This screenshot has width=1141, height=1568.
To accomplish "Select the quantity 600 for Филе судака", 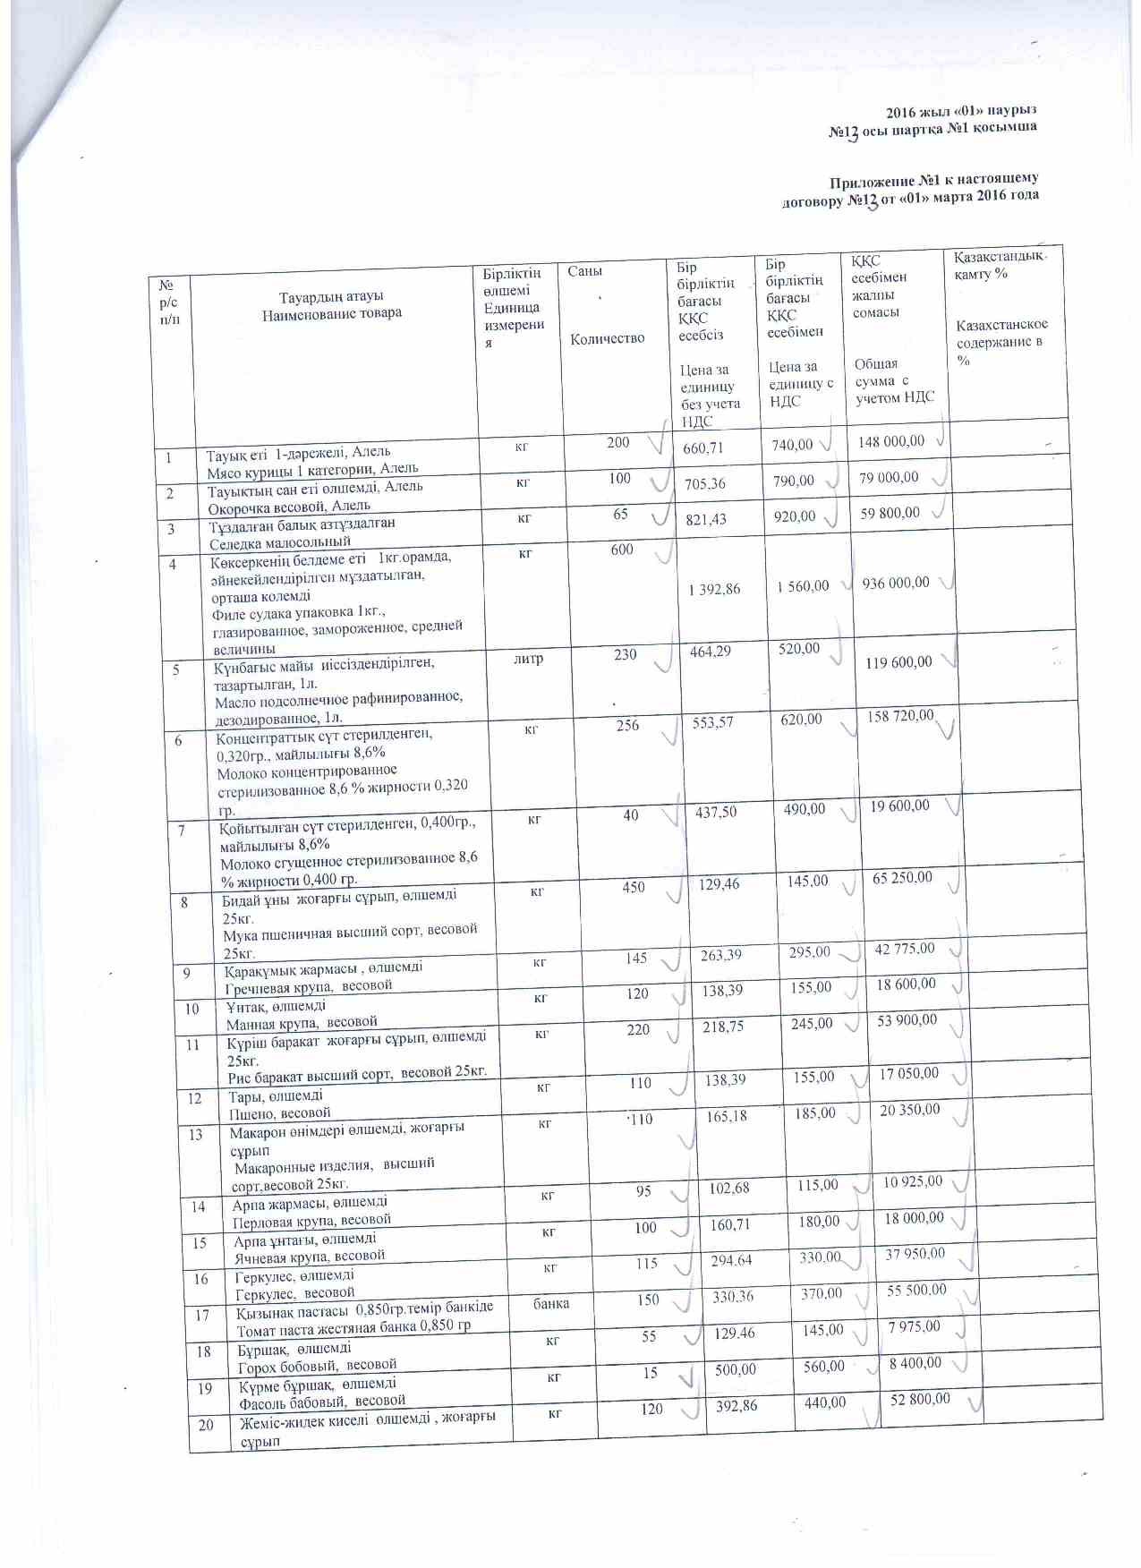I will pos(622,550).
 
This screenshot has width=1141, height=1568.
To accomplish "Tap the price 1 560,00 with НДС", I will pos(803,586).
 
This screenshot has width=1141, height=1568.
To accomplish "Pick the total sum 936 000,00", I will pos(896,583).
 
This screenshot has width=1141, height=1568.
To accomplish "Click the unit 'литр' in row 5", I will pos(528,659).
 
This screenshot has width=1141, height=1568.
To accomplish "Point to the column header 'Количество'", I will pos(607,338).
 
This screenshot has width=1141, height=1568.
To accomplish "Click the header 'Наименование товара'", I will pos(332,313).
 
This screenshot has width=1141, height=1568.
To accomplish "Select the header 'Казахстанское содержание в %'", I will pos(1001,342).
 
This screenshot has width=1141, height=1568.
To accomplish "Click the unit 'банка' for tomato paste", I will pos(551,1303).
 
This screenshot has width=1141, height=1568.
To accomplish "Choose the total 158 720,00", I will pos(900,716).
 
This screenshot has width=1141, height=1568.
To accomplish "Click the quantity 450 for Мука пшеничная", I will pos(634,887).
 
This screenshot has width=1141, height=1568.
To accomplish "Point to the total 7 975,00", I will pos(914,1325).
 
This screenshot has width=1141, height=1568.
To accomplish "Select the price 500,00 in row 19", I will pos(736,1369).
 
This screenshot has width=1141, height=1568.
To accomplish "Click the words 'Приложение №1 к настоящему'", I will pos(933,179).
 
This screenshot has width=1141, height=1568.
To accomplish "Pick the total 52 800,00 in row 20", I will pos(920,1399).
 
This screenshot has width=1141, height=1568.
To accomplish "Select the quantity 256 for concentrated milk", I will pos(627,725).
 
